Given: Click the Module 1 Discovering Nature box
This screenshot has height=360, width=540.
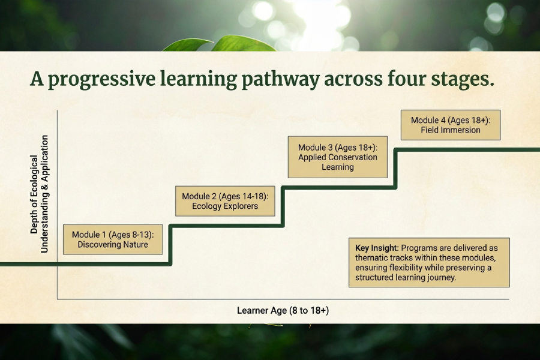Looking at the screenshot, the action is click(113, 239).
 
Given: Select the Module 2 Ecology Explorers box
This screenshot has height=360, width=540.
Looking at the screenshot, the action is click(225, 201).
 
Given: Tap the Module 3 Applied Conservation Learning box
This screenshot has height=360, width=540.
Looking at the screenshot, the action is click(337, 157).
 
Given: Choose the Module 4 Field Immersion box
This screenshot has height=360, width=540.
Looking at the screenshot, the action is click(451, 125).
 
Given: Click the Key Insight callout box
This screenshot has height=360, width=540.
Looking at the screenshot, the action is click(429, 263).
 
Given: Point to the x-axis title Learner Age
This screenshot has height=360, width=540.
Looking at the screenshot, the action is click(283, 310).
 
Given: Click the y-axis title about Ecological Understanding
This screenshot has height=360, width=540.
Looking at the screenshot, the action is click(39, 194).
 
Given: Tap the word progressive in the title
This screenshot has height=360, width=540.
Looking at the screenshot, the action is click(101, 79).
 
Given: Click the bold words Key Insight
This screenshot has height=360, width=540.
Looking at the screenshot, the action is click(377, 248).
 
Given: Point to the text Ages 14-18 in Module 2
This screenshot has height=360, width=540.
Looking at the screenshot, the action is click(244, 196).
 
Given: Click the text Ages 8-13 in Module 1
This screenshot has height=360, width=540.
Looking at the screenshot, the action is click(131, 235).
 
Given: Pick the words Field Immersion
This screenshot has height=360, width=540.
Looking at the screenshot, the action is click(451, 130).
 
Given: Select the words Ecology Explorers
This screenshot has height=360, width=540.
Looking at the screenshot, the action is click(225, 206).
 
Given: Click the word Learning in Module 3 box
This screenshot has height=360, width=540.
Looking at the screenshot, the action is click(337, 167).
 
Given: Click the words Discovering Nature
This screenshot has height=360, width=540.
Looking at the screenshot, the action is click(113, 245).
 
